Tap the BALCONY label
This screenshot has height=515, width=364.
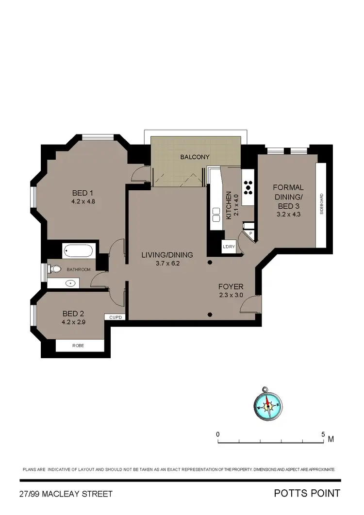tap(195, 157)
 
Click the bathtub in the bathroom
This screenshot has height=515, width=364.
tap(78, 251)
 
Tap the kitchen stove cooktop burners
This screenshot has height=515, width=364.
tap(248, 186)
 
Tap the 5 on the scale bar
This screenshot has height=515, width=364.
tap(323, 433)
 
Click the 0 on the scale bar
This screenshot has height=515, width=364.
tap(218, 433)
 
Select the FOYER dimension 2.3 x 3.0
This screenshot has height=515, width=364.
tap(231, 295)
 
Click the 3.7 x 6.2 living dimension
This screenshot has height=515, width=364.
tap(167, 263)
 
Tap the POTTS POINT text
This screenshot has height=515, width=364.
tap(307, 494)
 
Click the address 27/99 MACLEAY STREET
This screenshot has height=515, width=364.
tap(66, 494)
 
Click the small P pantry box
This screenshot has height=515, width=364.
tap(250, 233)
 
